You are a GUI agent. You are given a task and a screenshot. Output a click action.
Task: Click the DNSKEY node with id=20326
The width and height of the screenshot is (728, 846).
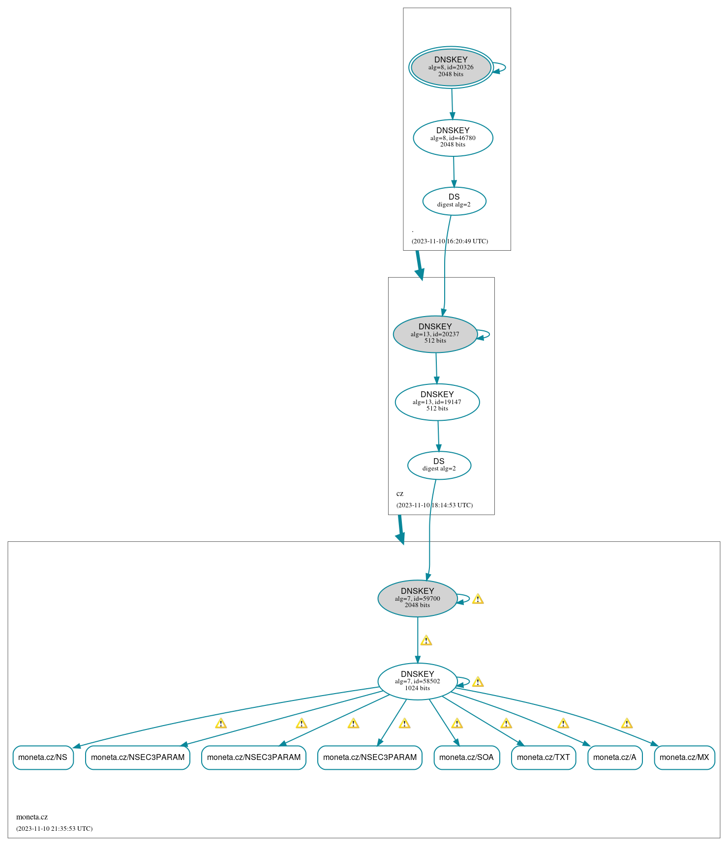(x=451, y=67)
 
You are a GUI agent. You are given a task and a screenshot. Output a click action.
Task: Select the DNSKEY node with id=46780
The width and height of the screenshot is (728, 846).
(x=453, y=138)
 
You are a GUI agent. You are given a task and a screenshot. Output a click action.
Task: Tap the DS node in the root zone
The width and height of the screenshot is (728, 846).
(x=454, y=201)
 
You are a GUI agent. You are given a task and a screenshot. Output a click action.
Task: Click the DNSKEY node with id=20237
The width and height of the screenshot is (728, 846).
(x=435, y=334)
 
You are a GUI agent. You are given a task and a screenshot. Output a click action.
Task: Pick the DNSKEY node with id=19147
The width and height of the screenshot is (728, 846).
(x=437, y=402)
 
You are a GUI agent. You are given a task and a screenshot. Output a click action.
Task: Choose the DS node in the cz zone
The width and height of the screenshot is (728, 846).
(x=439, y=465)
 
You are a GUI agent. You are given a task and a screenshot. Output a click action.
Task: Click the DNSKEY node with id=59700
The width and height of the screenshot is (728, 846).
(x=418, y=599)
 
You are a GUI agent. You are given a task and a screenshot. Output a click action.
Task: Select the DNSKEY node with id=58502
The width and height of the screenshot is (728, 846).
(x=418, y=681)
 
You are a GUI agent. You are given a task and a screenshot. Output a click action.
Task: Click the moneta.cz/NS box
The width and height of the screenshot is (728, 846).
(x=43, y=758)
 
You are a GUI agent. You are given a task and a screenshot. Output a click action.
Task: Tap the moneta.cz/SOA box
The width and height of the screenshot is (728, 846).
(x=467, y=758)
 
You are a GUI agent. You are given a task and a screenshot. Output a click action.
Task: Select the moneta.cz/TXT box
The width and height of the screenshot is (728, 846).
(x=544, y=758)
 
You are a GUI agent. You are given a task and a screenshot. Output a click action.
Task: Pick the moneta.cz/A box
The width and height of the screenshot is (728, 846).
(x=615, y=758)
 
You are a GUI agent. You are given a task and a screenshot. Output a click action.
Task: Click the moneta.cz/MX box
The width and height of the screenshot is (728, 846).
(x=684, y=758)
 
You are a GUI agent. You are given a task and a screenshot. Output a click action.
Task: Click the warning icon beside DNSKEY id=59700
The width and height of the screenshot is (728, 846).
(x=478, y=599)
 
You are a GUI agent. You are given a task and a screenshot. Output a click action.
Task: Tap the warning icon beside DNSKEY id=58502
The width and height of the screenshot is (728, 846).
(x=478, y=682)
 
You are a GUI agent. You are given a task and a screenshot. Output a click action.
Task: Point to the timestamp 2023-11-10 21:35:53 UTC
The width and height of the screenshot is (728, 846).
(x=54, y=829)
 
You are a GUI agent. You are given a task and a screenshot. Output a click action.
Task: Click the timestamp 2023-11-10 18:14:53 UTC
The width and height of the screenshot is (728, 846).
(x=435, y=505)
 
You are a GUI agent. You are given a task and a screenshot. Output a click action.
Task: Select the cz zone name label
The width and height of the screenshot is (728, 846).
(x=400, y=494)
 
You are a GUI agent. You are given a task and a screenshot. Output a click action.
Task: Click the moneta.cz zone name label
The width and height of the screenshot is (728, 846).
(x=32, y=817)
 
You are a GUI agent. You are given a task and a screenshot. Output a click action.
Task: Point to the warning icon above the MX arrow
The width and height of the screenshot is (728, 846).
(x=627, y=723)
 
